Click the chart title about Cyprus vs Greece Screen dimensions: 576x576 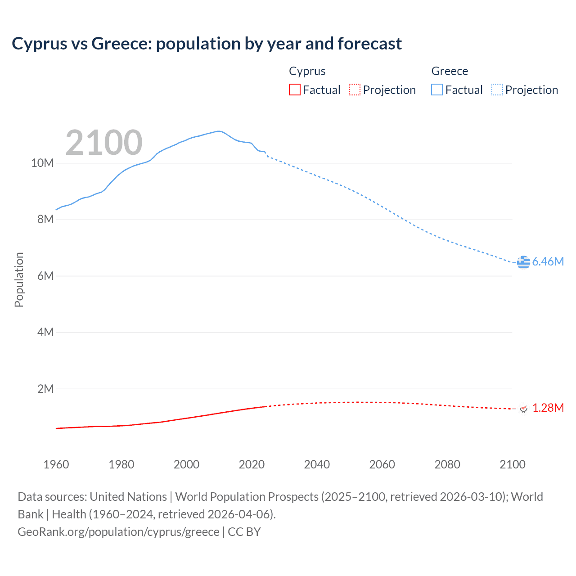click(207, 44)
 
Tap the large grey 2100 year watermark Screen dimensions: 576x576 click(104, 143)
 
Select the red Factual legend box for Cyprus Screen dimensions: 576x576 click(295, 90)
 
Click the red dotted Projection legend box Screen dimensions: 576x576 click(355, 90)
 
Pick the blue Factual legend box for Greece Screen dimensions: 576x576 click(437, 90)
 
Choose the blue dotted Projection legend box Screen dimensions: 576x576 click(497, 90)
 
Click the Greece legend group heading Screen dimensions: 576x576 click(450, 71)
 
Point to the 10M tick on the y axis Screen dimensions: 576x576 click(42, 163)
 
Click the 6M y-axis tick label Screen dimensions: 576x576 click(45, 276)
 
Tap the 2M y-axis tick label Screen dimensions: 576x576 click(45, 389)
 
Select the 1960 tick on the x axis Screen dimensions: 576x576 click(56, 464)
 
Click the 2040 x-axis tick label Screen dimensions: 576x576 click(317, 464)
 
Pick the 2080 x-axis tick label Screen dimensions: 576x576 click(447, 464)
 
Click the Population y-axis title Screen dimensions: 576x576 click(19, 279)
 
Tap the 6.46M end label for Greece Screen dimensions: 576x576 click(548, 261)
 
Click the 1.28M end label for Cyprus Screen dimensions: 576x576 click(548, 408)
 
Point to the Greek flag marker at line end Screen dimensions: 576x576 click(523, 262)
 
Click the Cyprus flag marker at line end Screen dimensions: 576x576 click(523, 408)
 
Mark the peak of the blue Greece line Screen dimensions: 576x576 click(219, 131)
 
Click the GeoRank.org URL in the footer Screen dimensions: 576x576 click(118, 532)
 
